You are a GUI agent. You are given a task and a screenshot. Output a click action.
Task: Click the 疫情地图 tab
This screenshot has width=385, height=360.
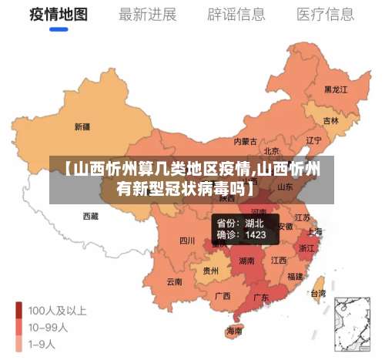59,15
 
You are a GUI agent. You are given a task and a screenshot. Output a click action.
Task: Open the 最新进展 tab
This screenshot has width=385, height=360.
147,15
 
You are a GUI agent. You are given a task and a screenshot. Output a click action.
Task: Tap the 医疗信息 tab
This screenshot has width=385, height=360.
326,15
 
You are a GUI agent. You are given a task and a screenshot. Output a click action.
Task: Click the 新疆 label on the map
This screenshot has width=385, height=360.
82,126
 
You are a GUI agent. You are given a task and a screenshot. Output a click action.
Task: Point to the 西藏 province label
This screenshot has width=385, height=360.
90,217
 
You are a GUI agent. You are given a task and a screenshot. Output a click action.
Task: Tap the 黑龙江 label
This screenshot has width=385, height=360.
336,89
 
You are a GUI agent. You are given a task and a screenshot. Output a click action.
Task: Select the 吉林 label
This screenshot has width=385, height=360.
331,121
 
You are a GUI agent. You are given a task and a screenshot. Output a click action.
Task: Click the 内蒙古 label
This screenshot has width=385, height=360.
246,141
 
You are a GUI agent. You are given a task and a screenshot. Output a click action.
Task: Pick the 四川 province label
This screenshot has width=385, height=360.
187,241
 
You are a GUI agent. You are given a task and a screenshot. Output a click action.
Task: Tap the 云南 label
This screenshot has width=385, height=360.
175,281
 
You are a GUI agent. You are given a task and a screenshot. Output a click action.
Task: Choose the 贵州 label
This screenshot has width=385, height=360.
210,271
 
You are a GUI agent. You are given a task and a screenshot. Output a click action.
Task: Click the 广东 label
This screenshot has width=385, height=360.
261,297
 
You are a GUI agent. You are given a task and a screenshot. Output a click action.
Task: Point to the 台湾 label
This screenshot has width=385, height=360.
316,293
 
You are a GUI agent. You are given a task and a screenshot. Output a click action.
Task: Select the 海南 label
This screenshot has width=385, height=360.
234,331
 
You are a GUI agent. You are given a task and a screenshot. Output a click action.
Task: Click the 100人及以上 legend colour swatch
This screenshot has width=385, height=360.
18,311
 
